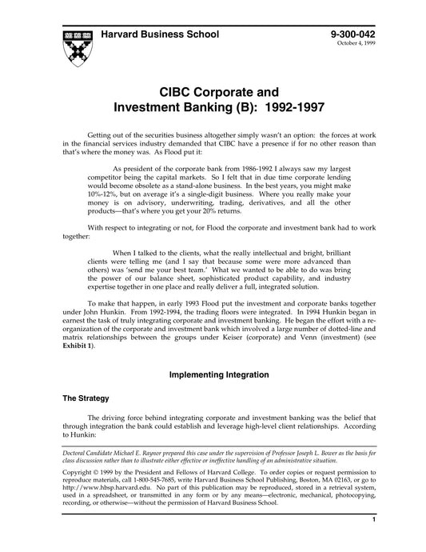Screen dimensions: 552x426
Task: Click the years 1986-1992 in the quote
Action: click(242, 169)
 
